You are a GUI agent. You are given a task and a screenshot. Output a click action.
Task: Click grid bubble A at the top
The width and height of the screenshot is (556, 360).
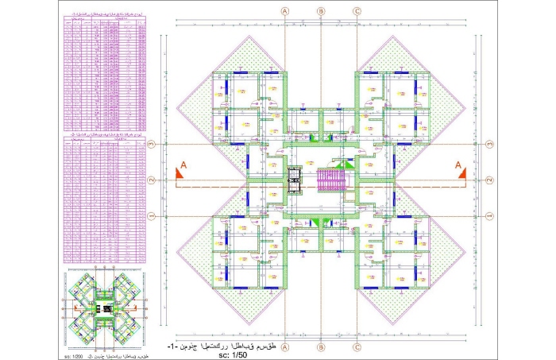pos(284,11)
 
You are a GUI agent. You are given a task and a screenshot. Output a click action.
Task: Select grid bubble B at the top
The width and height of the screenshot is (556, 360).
pos(321,11)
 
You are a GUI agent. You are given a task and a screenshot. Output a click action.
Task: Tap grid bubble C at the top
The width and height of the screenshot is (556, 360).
pos(357,11)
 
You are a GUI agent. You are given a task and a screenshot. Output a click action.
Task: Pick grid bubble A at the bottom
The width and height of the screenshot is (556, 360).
pos(284,347)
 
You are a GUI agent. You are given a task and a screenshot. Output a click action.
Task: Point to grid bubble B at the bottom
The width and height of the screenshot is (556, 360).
pos(321,347)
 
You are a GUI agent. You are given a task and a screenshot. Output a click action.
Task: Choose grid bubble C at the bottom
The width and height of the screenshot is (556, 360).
pos(357,347)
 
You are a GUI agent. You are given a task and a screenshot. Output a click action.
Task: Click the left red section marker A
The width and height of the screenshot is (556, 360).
pos(180,168)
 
